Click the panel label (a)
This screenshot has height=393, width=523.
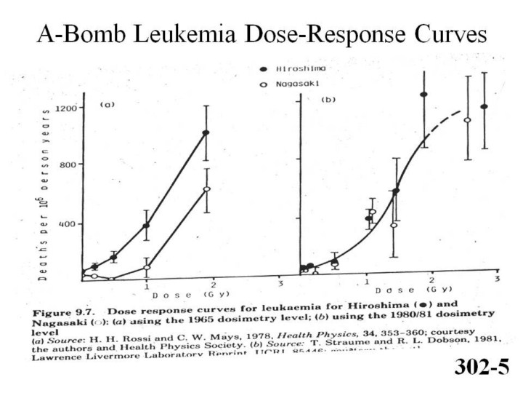(x=108, y=105)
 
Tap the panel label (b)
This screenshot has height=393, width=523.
(x=328, y=98)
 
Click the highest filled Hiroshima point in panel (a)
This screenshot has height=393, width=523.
(x=206, y=132)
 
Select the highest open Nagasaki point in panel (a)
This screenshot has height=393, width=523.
(x=207, y=189)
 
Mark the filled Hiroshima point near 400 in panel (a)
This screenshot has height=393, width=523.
(x=146, y=226)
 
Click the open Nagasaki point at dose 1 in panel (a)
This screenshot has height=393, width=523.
(x=147, y=267)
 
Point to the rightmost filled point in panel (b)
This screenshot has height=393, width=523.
(x=484, y=107)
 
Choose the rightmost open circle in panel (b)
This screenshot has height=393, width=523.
(x=468, y=120)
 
